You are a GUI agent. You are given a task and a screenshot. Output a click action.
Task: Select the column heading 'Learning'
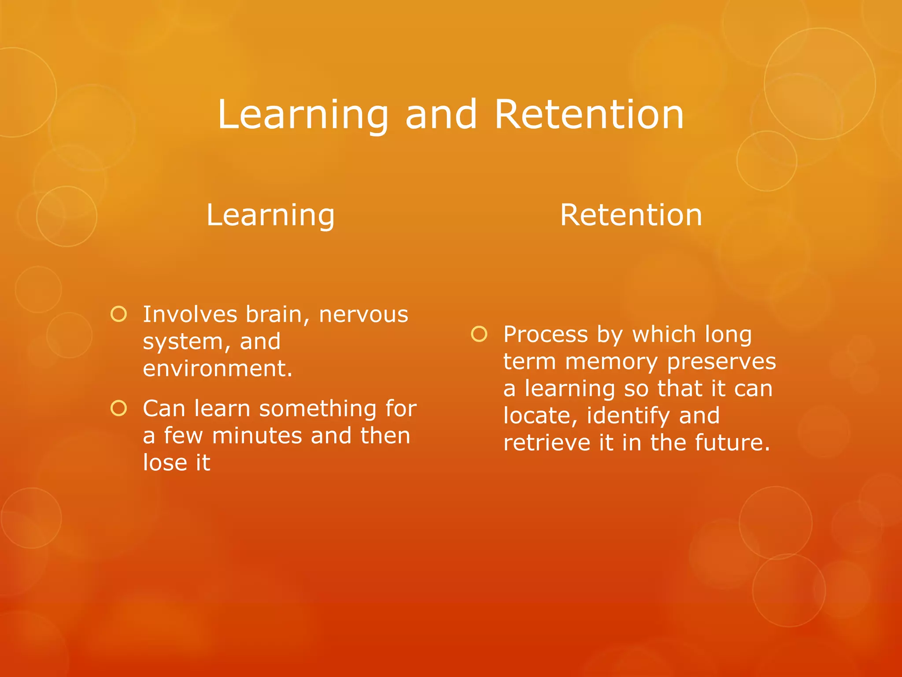click(270, 216)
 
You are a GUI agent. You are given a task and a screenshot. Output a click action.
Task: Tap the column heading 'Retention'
click(631, 216)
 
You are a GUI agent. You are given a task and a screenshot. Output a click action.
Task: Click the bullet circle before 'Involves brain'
click(119, 314)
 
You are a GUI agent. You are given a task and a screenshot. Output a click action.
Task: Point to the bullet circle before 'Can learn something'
click(119, 408)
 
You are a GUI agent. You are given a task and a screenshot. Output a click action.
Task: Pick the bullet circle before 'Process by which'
click(479, 334)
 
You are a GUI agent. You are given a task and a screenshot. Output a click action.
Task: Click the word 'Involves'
click(190, 315)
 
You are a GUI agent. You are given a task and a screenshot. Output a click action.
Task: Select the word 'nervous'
click(363, 315)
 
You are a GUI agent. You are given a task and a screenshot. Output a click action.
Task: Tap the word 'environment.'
click(218, 368)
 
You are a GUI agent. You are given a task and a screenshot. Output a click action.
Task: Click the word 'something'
click(318, 409)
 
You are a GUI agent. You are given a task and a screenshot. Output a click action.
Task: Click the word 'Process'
click(545, 335)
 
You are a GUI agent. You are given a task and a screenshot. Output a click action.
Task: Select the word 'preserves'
click(721, 362)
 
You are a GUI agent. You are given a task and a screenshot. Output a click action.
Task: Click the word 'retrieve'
click(547, 443)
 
